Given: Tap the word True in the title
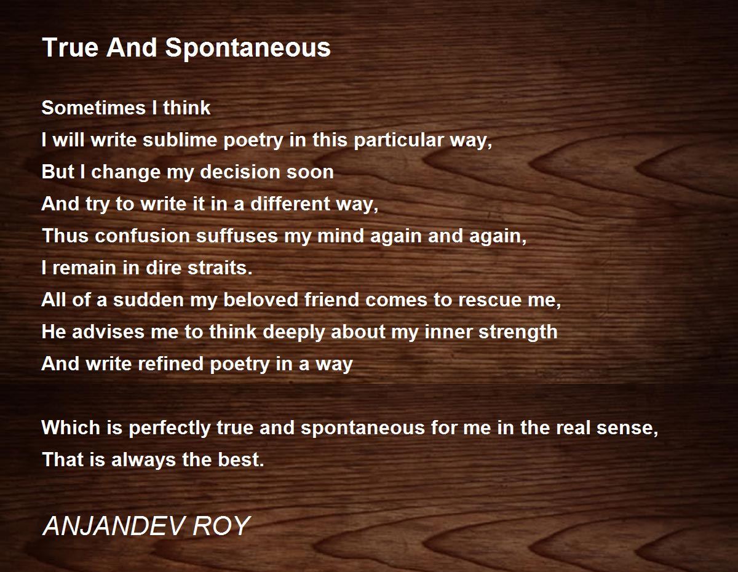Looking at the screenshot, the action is coord(70,47).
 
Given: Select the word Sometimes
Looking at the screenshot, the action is coord(93,108).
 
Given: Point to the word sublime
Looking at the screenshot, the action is coord(180,140).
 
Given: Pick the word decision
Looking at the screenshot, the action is coord(240,172).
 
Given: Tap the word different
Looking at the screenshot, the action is coord(290,204).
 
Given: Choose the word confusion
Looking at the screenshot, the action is coord(142,236).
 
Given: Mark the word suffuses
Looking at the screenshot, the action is coord(237,236).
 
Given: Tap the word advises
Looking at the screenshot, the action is coord(108,332).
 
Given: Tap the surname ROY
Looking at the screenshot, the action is coord(222,526).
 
